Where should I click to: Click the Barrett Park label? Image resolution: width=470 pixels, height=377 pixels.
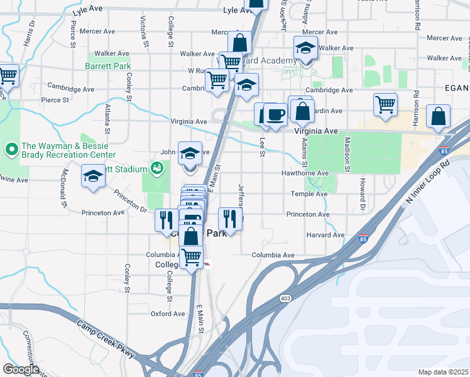tap(108, 65)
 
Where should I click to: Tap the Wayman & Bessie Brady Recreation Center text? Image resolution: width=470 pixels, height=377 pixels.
tap(68, 150)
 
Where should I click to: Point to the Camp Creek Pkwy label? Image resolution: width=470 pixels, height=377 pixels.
tap(106, 340)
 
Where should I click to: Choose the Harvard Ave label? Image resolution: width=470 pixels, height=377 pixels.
tap(325, 235)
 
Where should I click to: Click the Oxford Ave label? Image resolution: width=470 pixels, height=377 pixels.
tap(168, 314)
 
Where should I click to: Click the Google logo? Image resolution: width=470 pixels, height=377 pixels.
tap(20, 369)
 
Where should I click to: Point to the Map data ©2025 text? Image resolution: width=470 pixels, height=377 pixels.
tap(442, 372)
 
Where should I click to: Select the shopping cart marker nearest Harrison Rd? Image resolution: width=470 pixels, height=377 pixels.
tap(385, 105)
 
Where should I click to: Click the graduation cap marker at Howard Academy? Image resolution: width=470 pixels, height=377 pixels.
tap(305, 48)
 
